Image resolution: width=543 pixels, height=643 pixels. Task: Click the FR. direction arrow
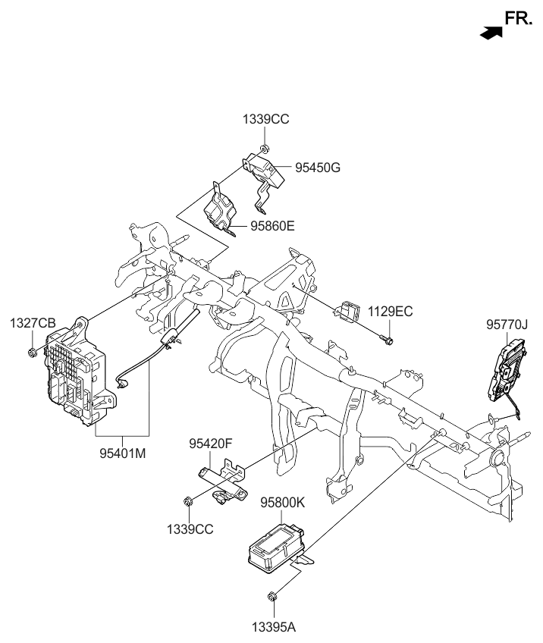(491, 31)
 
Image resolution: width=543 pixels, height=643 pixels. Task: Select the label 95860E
(271, 225)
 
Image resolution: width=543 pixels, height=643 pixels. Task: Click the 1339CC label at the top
(265, 119)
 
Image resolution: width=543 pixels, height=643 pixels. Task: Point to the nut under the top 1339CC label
(262, 146)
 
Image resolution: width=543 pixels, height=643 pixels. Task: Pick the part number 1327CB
(33, 324)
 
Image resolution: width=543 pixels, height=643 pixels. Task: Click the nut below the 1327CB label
(33, 352)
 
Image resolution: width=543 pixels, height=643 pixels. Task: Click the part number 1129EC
(391, 311)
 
